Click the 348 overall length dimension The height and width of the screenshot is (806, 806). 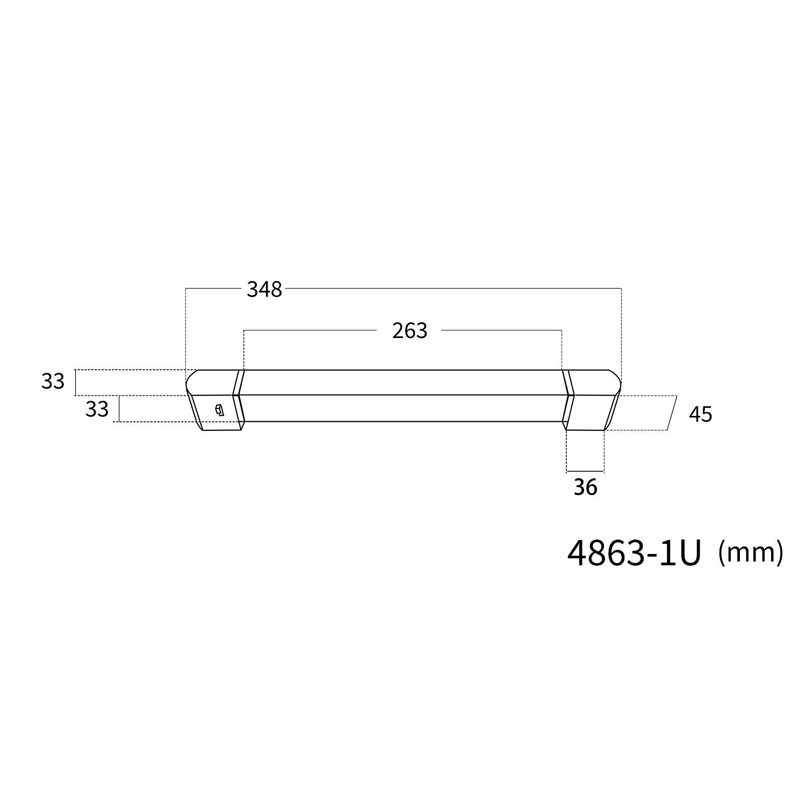[x=264, y=290]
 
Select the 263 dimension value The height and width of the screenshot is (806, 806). [x=409, y=331]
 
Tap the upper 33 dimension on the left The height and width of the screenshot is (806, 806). [x=53, y=382]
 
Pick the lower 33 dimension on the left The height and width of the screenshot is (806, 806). [x=97, y=409]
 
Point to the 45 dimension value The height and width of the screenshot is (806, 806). [x=700, y=414]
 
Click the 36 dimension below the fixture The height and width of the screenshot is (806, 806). [x=585, y=487]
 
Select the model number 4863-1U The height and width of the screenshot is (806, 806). [x=635, y=553]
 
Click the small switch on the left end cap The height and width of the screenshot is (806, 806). [x=219, y=411]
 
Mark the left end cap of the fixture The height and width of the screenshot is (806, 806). [x=215, y=400]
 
